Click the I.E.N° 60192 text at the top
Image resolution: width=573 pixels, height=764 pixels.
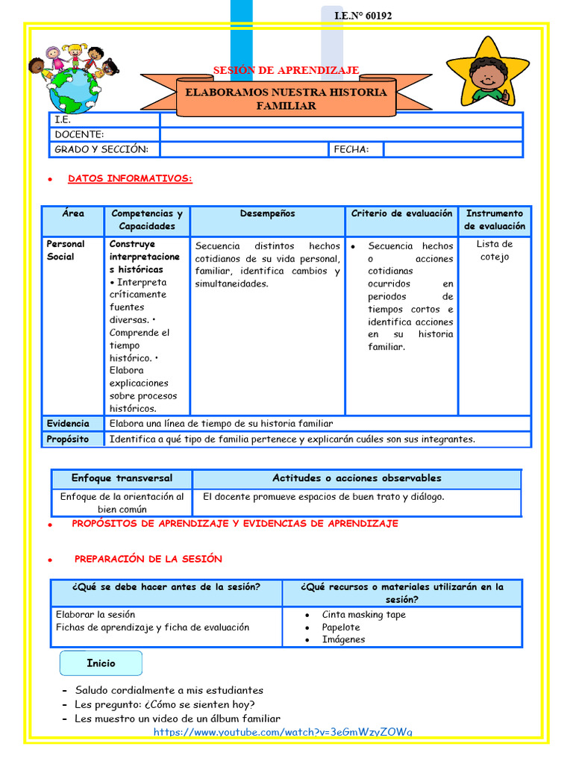point(363,16)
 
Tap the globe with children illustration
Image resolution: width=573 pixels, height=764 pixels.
point(73,79)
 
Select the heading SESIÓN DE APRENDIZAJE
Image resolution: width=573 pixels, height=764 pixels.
point(286,70)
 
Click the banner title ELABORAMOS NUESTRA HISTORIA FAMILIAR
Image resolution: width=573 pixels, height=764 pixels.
point(286,98)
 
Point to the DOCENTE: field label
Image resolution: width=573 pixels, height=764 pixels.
point(79,134)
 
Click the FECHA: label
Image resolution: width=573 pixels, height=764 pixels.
point(351,149)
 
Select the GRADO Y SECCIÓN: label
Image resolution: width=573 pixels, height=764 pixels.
point(101,149)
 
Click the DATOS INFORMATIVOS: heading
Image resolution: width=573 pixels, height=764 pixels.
point(130,179)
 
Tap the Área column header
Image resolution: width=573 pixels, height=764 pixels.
point(73,213)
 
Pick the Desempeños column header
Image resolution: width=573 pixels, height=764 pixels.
point(267,213)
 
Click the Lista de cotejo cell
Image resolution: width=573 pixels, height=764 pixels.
point(494,251)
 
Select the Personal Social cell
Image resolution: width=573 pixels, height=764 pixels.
point(66,250)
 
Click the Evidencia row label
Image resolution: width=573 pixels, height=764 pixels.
point(68,423)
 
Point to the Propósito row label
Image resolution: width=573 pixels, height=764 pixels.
point(68,439)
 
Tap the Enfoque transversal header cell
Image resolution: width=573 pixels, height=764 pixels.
point(122,478)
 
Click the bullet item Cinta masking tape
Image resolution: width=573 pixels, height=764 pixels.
point(363,615)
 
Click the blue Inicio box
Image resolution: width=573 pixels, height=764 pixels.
point(101,663)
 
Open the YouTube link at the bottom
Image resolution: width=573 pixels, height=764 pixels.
point(283,732)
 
